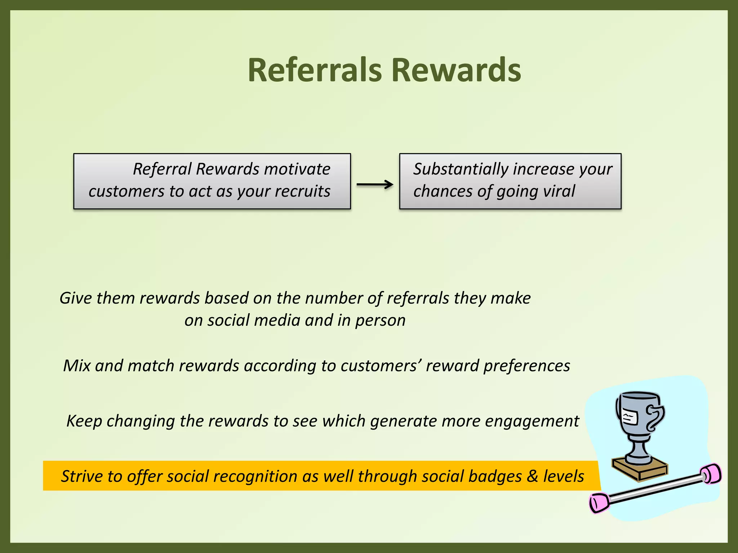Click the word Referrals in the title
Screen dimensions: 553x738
coord(314,70)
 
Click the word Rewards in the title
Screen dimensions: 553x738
coord(456,70)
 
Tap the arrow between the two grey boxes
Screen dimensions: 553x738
coord(375,185)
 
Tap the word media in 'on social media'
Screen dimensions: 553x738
coord(277,320)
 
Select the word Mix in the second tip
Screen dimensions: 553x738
coord(76,366)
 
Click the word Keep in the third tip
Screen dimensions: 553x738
coord(84,421)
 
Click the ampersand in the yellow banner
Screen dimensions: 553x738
coord(532,476)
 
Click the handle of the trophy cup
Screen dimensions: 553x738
coord(655,418)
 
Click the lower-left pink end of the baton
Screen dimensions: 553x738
coord(599,503)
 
